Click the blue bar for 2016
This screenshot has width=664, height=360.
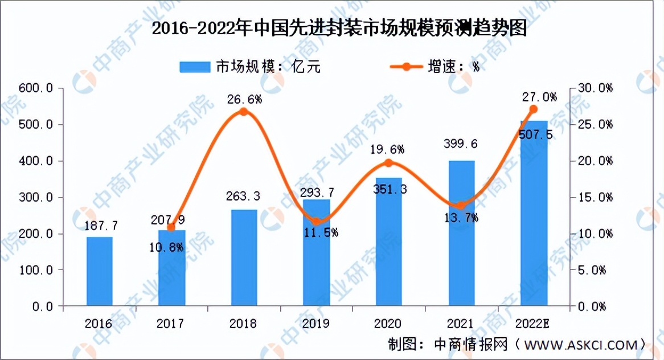[100, 271]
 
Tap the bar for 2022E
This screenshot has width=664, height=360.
[534, 214]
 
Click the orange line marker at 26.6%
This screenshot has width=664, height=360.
[244, 112]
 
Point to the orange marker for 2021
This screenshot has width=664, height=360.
[461, 206]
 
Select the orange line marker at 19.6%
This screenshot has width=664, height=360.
[389, 163]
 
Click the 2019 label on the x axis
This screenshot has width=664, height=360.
[316, 324]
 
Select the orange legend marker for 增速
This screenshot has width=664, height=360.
[407, 67]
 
